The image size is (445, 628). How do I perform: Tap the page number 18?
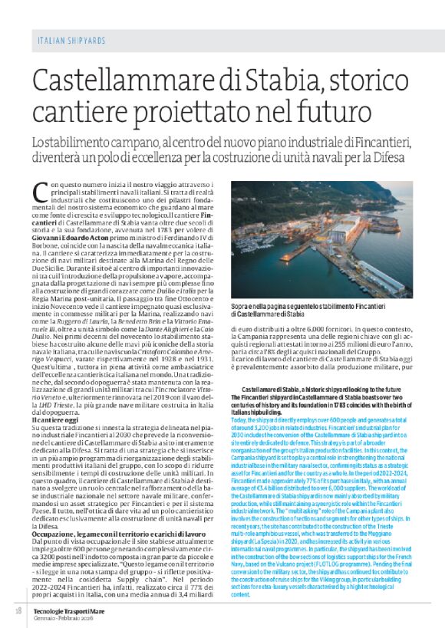coord(18,610)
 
